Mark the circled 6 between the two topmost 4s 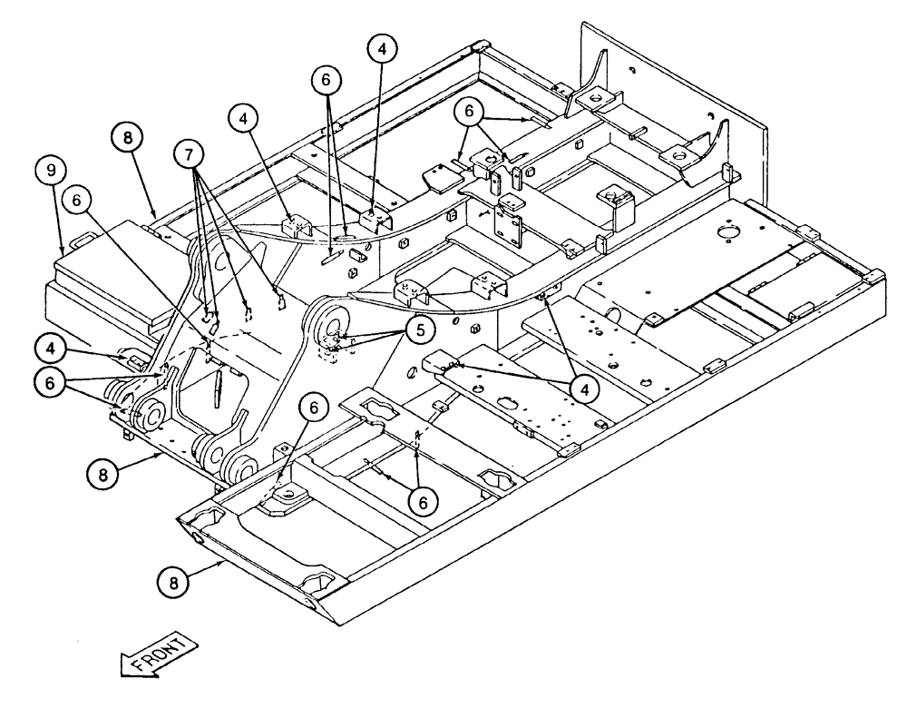tap(327, 81)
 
